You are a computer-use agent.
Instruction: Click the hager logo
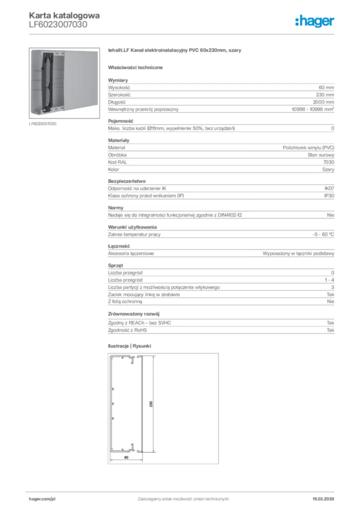pos(314,21)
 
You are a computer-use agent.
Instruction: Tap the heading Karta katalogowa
pos(64,15)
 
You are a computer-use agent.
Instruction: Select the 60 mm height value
pos(326,87)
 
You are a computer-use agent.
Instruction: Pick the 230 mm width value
pos(325,94)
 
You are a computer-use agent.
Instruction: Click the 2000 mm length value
pos(324,102)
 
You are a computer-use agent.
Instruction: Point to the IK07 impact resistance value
pos(329,189)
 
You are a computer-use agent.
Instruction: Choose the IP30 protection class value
pos(329,196)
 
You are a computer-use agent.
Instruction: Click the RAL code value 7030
pos(329,162)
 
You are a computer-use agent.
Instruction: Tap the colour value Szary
pos(328,170)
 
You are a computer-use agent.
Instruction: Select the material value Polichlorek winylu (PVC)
pos(308,148)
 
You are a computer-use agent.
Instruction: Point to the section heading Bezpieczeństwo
pos(127,181)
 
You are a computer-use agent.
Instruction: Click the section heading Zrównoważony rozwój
pos(133,314)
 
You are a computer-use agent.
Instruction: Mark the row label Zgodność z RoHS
pos(128,330)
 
